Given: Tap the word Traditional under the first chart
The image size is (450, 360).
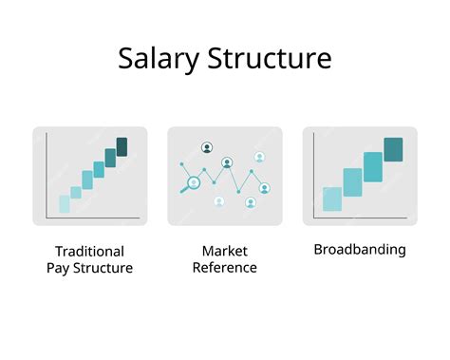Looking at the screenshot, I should (x=89, y=251).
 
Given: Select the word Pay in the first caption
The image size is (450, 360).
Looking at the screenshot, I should (x=60, y=268).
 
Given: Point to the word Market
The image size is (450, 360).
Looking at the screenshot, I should (x=224, y=251).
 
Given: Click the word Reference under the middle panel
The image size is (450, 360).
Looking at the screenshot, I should (x=224, y=268).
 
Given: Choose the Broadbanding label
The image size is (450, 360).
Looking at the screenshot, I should (x=360, y=250).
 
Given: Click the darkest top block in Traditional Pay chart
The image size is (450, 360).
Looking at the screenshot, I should (x=122, y=146).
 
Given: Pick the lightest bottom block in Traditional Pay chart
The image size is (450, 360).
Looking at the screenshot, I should (x=65, y=203).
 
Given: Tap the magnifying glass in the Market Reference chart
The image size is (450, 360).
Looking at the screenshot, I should (x=193, y=183).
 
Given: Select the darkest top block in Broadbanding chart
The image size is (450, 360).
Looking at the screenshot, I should (x=393, y=149).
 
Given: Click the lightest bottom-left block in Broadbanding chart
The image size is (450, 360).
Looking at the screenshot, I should (x=332, y=199).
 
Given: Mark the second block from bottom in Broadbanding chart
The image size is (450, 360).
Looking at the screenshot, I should (x=352, y=182).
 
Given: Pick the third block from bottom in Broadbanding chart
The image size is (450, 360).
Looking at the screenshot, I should (x=372, y=166).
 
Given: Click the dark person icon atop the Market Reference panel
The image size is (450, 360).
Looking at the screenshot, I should (x=207, y=147).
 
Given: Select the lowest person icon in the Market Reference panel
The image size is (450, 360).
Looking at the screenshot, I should (x=251, y=202).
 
